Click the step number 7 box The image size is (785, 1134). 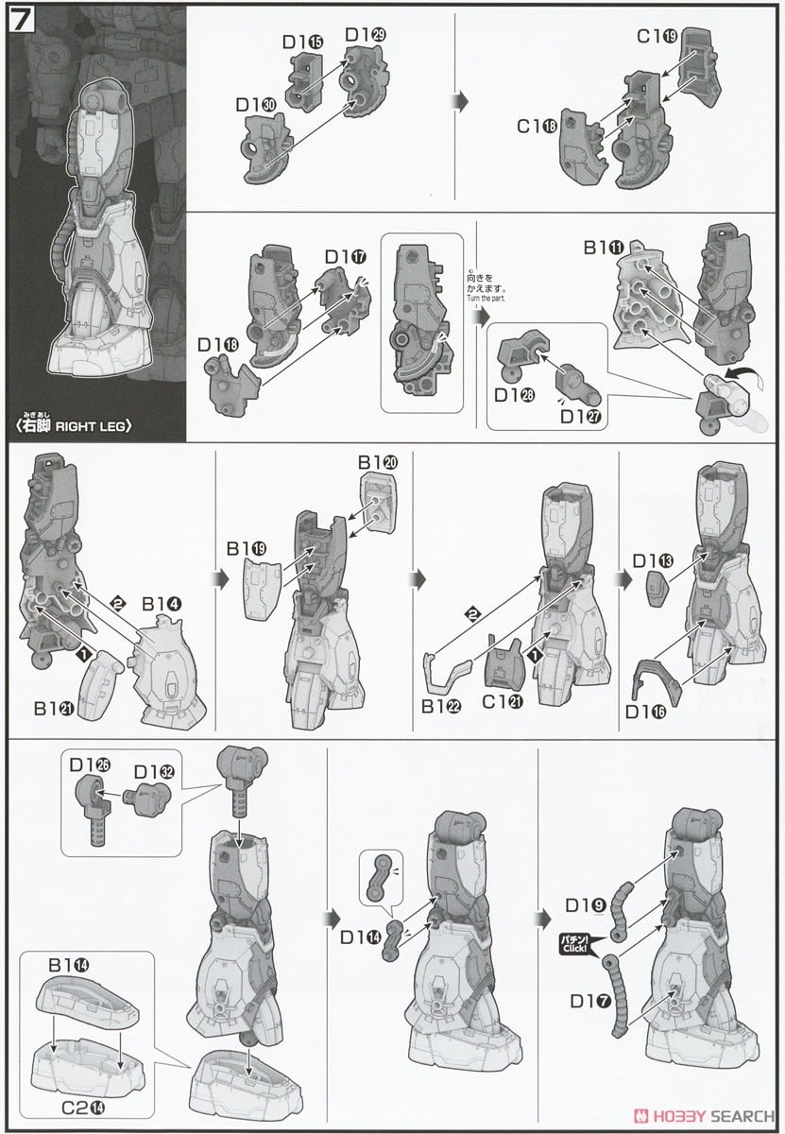pyautogui.click(x=22, y=22)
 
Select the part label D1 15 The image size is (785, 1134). pyautogui.click(x=302, y=42)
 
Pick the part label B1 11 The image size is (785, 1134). pyautogui.click(x=603, y=249)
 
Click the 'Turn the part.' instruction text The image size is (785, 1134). pyautogui.click(x=487, y=300)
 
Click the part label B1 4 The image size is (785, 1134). pyautogui.click(x=162, y=603)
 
